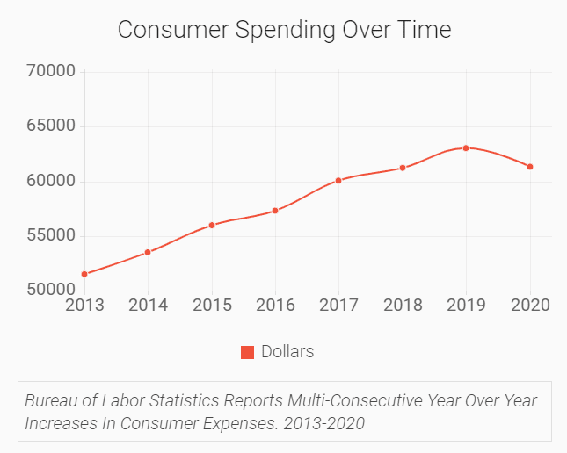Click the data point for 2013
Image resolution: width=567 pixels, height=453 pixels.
(x=84, y=274)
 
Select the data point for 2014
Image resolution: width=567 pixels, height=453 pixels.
(x=148, y=252)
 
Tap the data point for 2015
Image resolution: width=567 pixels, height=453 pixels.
(x=212, y=225)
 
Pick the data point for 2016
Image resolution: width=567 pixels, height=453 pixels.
(x=275, y=211)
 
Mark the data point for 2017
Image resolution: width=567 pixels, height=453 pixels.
(x=338, y=181)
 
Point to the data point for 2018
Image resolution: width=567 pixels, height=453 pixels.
(x=403, y=168)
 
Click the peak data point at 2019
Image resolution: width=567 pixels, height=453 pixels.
(x=466, y=147)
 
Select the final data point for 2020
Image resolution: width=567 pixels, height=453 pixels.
(x=530, y=167)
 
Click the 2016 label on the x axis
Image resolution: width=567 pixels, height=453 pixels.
(x=275, y=306)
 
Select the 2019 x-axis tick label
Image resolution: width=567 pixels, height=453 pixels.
(x=466, y=306)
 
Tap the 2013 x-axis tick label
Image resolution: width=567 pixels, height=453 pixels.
(x=84, y=306)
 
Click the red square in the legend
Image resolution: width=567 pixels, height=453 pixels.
(x=247, y=352)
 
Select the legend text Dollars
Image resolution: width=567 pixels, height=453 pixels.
(x=287, y=352)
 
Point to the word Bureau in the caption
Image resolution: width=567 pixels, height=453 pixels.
(x=51, y=401)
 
